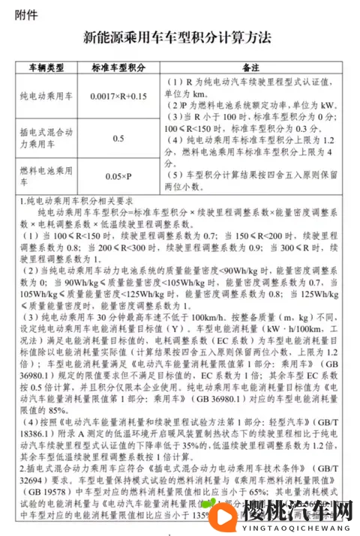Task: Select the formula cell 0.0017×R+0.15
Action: (118, 97)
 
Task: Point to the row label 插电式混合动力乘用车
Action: (49, 139)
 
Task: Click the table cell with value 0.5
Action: (118, 139)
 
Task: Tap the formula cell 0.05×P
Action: (118, 177)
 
